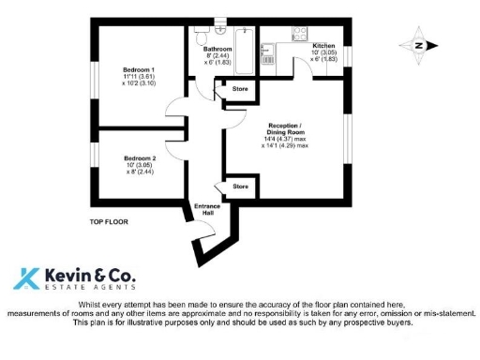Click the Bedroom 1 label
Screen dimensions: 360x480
coord(139,69)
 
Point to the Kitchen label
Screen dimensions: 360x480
coord(323,45)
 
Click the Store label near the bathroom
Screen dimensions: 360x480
coord(239,89)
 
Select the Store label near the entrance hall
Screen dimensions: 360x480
coord(240,187)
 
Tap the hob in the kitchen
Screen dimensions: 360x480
coord(301,33)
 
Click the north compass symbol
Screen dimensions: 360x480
coord(417,44)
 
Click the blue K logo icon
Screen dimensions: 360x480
coord(26,277)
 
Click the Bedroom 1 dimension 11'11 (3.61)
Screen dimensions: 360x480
coord(139,77)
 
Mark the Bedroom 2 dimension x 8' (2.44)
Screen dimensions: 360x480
coord(140,172)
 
